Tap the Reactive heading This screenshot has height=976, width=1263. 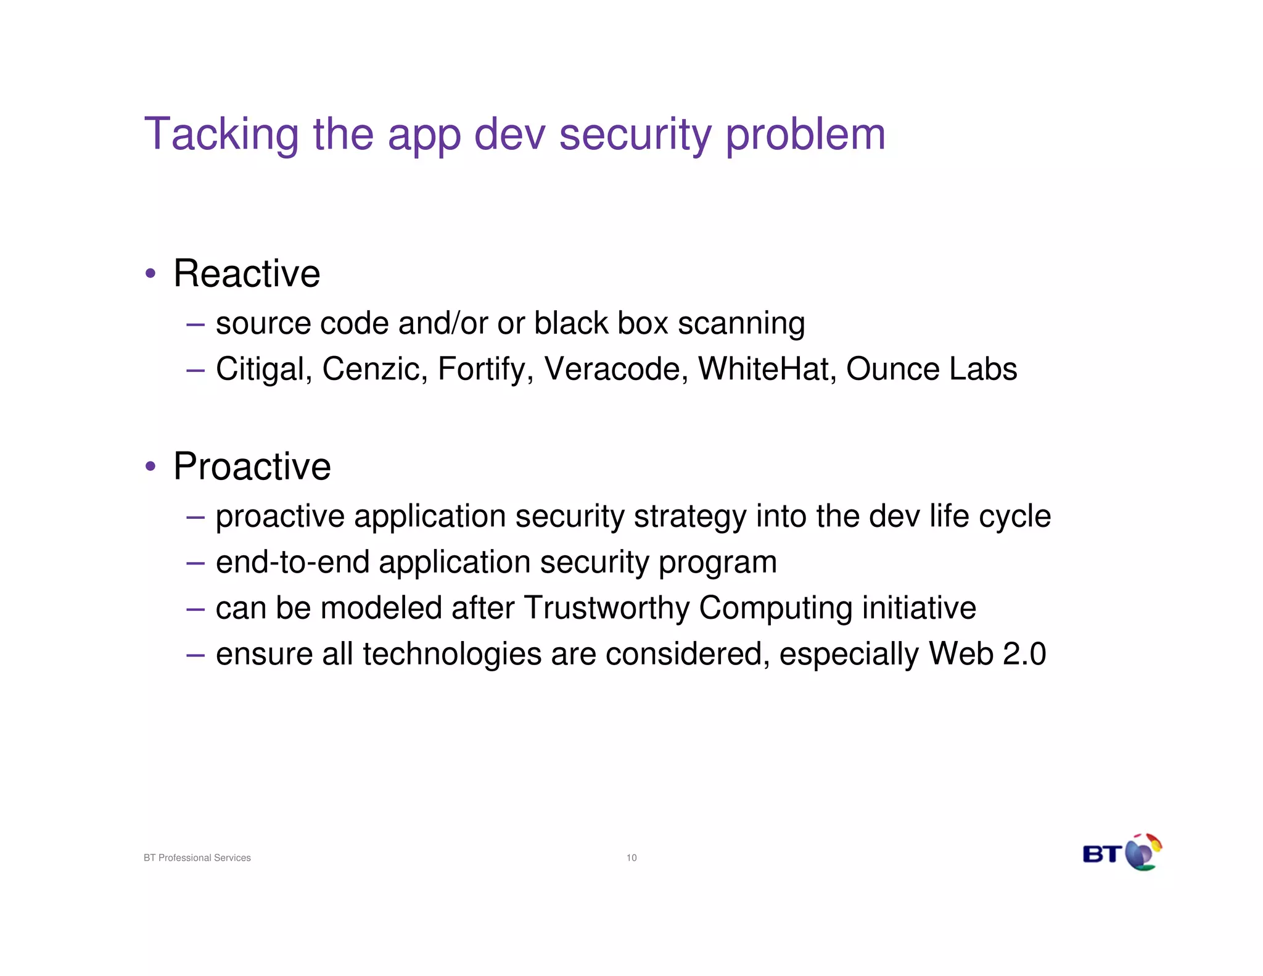247,273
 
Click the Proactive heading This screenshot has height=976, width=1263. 252,466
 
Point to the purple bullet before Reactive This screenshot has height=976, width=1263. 150,273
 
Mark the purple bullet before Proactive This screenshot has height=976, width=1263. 150,466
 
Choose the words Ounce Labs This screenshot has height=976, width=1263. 931,369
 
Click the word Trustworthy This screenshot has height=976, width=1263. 607,608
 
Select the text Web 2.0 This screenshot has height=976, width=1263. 987,654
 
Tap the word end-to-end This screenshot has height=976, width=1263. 292,562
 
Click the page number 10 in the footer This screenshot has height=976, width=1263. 631,858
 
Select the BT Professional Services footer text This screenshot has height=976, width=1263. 197,858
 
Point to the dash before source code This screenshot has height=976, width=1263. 195,323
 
